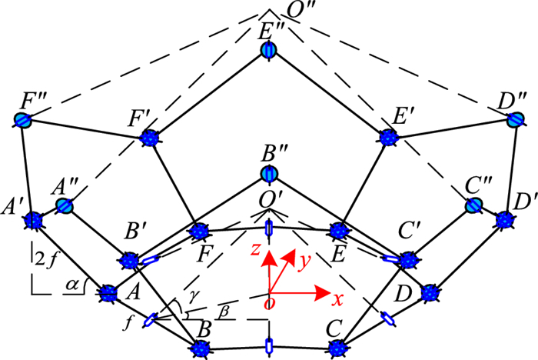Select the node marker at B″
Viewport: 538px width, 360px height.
[x=269, y=174]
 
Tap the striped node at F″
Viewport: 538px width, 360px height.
[x=24, y=120]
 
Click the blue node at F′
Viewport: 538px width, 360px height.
[x=149, y=138]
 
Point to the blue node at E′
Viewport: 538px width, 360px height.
[x=390, y=137]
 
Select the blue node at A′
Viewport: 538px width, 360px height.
[x=33, y=221]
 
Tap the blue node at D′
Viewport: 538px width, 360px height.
[x=504, y=220]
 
